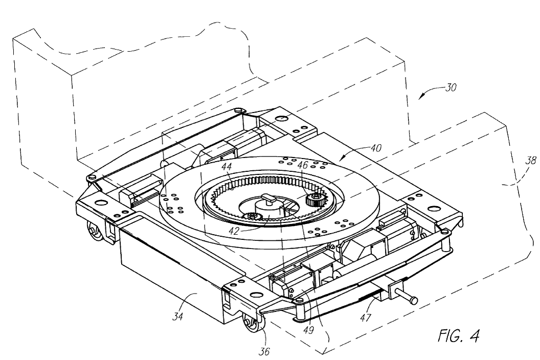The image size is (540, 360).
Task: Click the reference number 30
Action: point(451,87)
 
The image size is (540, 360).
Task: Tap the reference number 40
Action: point(376,148)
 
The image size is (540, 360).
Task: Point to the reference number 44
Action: point(226,167)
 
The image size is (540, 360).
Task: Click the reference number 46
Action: point(303,165)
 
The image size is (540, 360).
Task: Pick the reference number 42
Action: point(234,231)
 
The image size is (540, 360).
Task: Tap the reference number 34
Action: point(177,316)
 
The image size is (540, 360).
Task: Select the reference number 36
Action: point(264,351)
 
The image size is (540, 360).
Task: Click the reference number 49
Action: point(308,330)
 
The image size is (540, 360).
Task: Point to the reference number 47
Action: point(366,317)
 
